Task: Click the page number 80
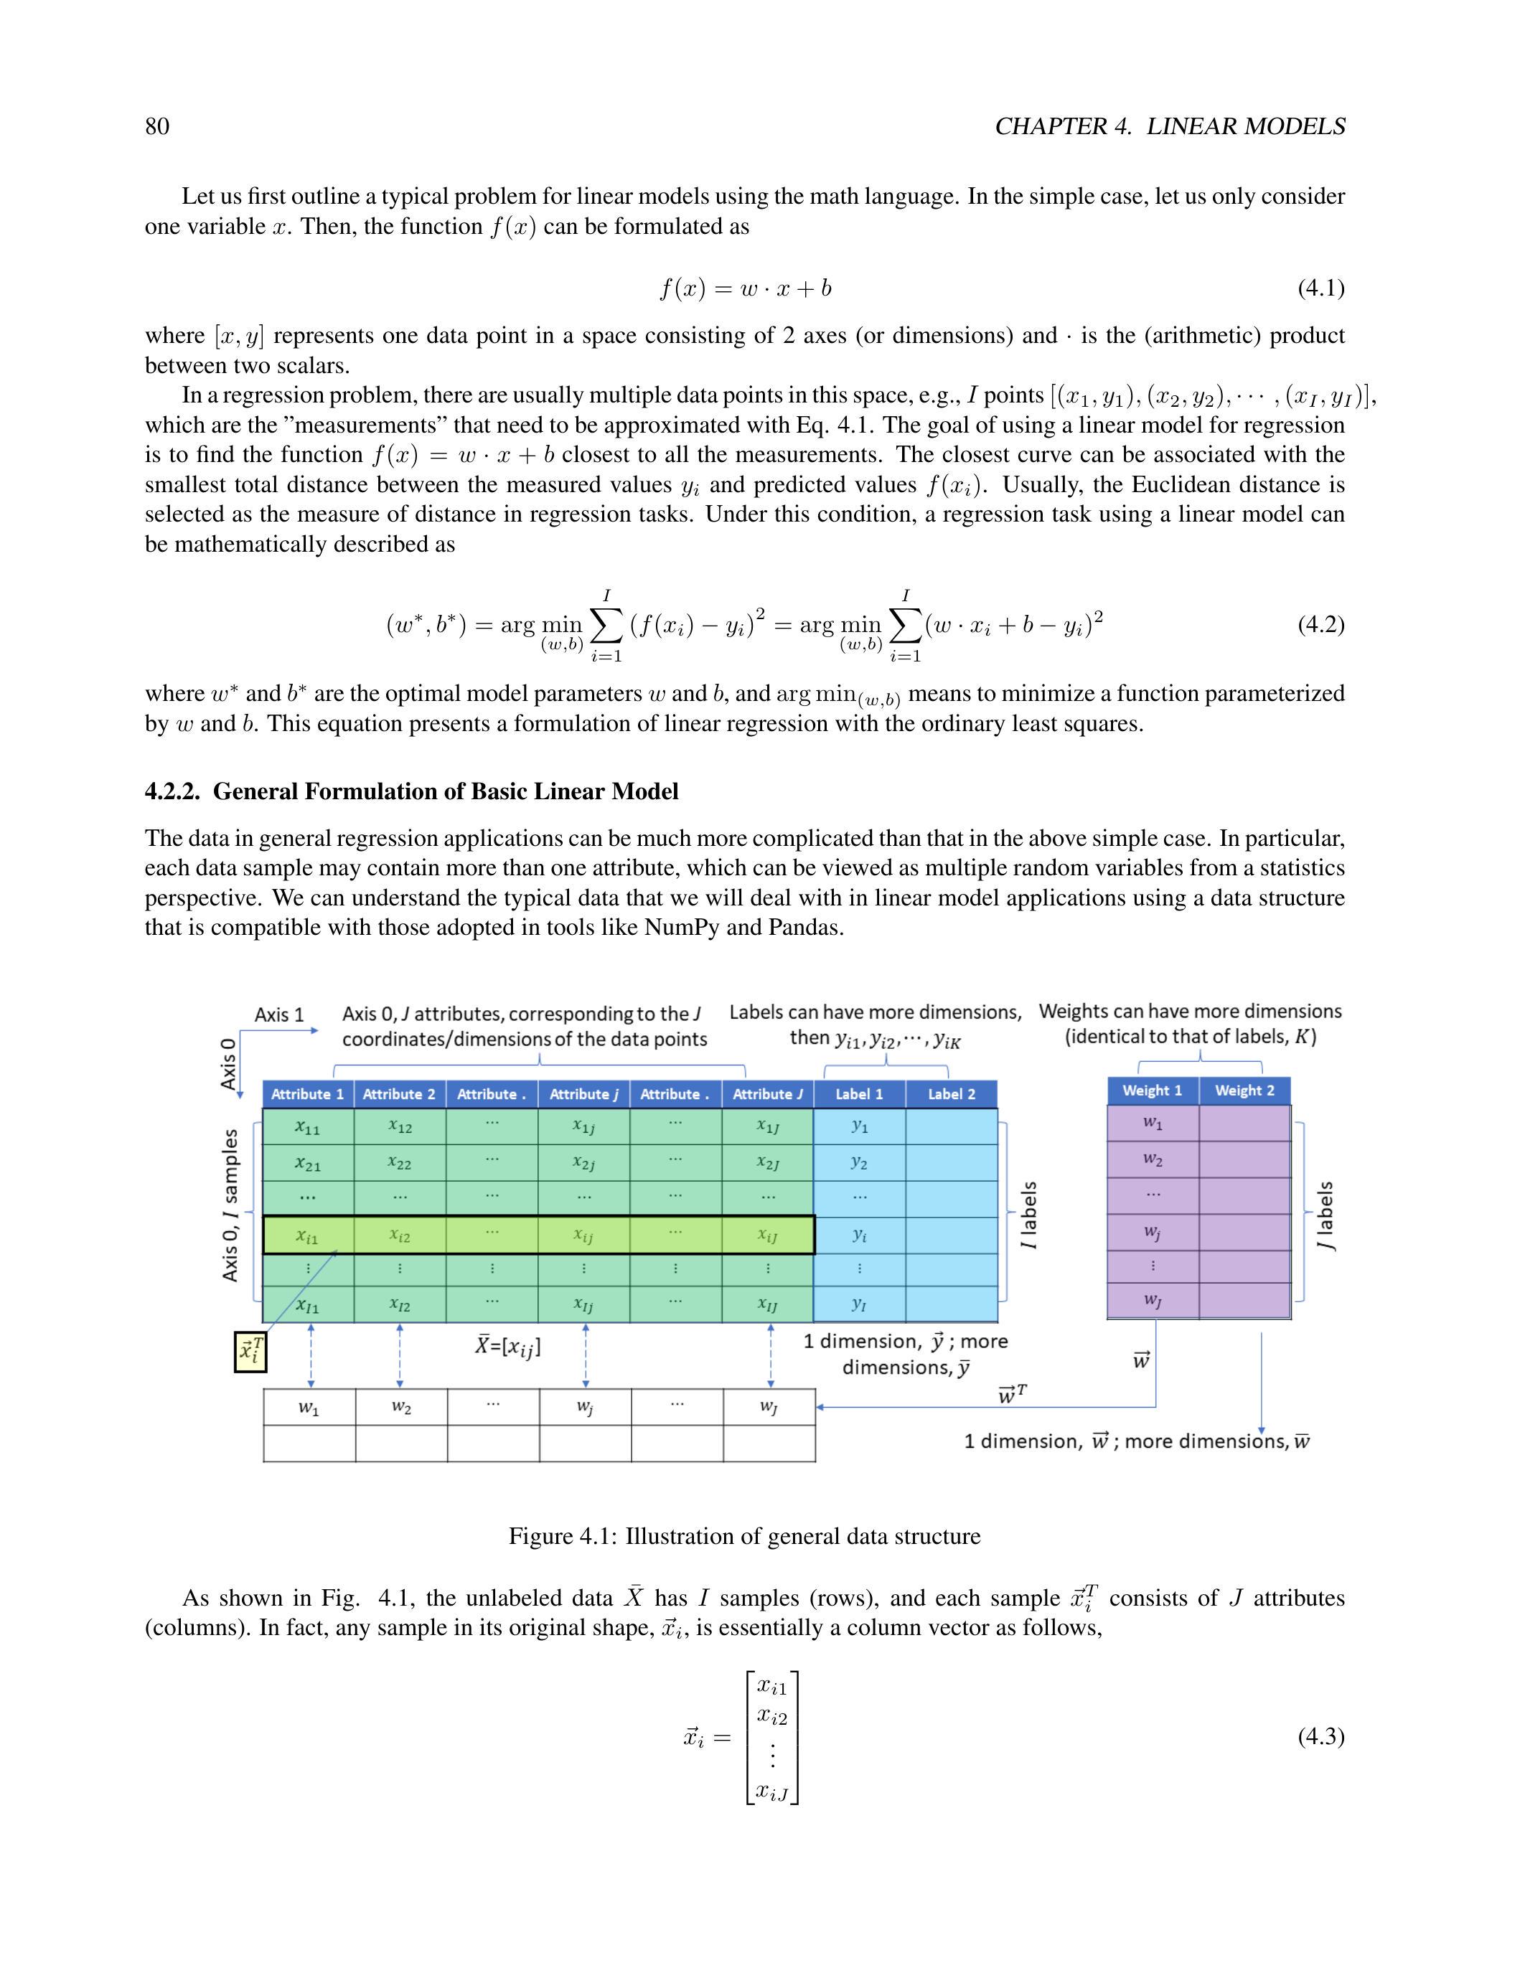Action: tap(157, 126)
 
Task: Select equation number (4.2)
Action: tap(1320, 624)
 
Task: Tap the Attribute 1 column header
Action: tap(308, 1094)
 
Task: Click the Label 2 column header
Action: tap(952, 1094)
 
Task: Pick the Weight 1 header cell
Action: tap(1152, 1091)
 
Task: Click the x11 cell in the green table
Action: tap(308, 1127)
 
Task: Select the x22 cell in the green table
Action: tap(399, 1164)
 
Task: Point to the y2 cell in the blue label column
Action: tap(859, 1164)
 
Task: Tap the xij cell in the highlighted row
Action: tap(583, 1236)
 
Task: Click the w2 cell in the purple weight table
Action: tap(1152, 1159)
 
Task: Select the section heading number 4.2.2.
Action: tap(172, 792)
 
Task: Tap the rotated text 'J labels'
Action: tap(1325, 1215)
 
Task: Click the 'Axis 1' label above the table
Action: tap(279, 1014)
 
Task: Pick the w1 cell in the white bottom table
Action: tap(309, 1408)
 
